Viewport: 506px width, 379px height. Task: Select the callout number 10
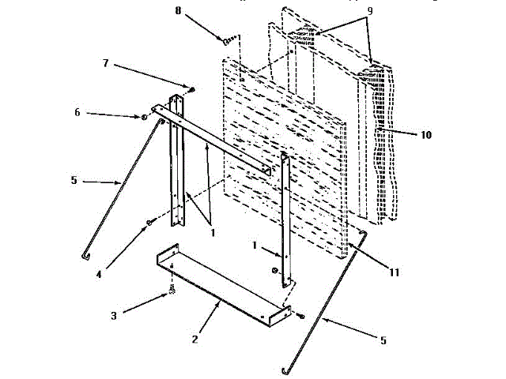click(x=426, y=135)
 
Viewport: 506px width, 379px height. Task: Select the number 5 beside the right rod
click(x=384, y=341)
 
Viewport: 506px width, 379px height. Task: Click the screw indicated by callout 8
click(x=229, y=39)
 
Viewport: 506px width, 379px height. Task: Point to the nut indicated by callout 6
click(x=144, y=117)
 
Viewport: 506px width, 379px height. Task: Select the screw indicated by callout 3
click(x=169, y=293)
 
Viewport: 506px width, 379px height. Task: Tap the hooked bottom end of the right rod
click(x=285, y=370)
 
